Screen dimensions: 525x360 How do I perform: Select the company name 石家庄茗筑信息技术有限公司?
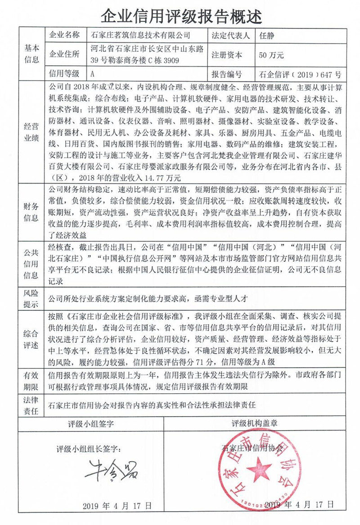[140, 35]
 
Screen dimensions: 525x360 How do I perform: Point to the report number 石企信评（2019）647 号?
[300, 74]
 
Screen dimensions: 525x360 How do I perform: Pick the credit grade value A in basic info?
[92, 74]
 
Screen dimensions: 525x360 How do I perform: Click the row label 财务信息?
[32, 212]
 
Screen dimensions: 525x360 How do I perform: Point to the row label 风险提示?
[32, 298]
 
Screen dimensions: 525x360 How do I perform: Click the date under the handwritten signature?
[117, 506]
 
